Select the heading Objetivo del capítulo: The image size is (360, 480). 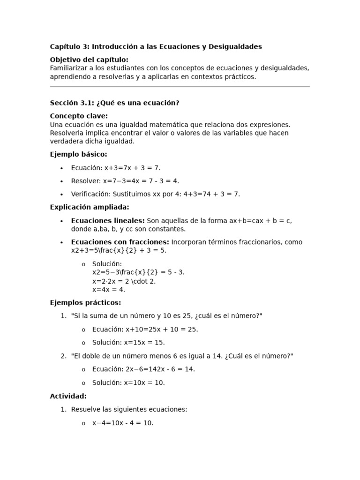(89, 60)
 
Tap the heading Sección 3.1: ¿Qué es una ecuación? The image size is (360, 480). (114, 103)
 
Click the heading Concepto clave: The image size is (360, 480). (79, 116)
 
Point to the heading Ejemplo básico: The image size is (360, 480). (78, 154)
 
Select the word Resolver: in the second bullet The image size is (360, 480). (86, 181)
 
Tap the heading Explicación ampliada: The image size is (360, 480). (89, 207)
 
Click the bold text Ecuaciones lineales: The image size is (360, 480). (108, 220)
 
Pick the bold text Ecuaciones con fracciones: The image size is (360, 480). (120, 242)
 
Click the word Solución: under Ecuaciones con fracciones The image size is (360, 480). (107, 264)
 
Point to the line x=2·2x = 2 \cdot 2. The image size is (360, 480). (124, 281)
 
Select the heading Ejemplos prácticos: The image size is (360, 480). (85, 303)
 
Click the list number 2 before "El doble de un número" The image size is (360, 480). (63, 356)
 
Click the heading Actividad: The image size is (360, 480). (68, 396)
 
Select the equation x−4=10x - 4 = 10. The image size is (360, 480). (123, 423)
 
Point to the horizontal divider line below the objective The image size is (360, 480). (180, 87)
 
